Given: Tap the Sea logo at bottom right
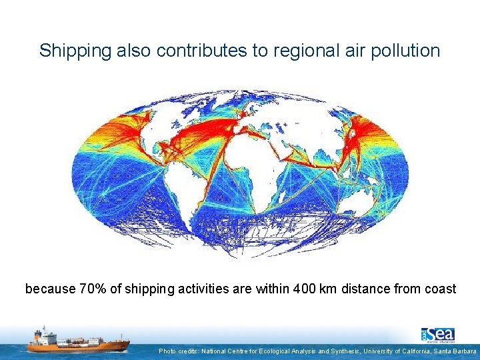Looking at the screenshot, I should click(x=438, y=335).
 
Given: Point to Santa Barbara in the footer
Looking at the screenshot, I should click(x=455, y=351).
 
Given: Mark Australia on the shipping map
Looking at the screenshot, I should click(x=363, y=200).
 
